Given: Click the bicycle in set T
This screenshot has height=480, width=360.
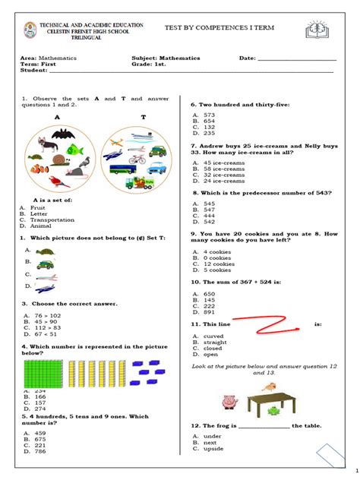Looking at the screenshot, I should pos(137,159).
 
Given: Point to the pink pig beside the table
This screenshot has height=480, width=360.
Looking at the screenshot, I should pos(227,402).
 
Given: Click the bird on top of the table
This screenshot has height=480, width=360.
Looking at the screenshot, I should pos(267,387).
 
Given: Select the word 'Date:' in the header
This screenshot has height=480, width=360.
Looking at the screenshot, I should pos(248,58).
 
